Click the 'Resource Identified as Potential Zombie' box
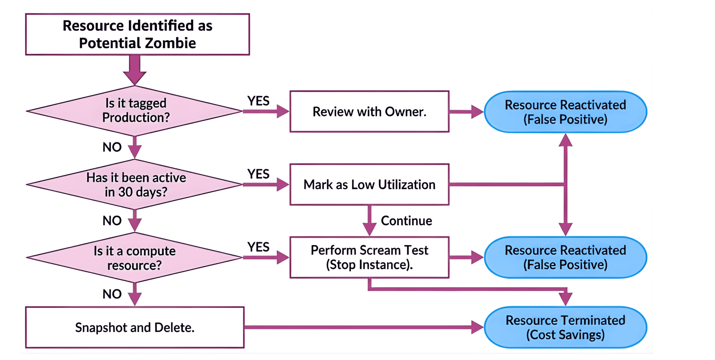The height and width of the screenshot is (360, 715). pos(137,34)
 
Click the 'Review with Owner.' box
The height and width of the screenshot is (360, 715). pos(369,111)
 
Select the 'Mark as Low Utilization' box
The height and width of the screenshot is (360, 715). pos(369,185)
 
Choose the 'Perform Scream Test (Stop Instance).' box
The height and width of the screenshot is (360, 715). pos(369,257)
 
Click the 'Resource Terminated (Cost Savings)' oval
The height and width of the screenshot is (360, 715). pos(565,327)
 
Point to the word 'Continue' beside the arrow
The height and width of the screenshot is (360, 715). pos(406,221)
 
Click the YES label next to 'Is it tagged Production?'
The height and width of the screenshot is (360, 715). pos(258,101)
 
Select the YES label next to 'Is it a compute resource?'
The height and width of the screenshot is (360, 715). pos(258,247)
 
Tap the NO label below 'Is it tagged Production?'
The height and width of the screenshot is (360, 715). pos(112,147)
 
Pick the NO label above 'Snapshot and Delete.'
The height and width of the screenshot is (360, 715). pos(112,294)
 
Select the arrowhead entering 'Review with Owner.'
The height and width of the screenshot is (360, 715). pos(283,111)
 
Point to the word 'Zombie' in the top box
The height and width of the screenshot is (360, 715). pos(170,43)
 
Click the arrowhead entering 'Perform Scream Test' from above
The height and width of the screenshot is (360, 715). pos(369,230)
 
